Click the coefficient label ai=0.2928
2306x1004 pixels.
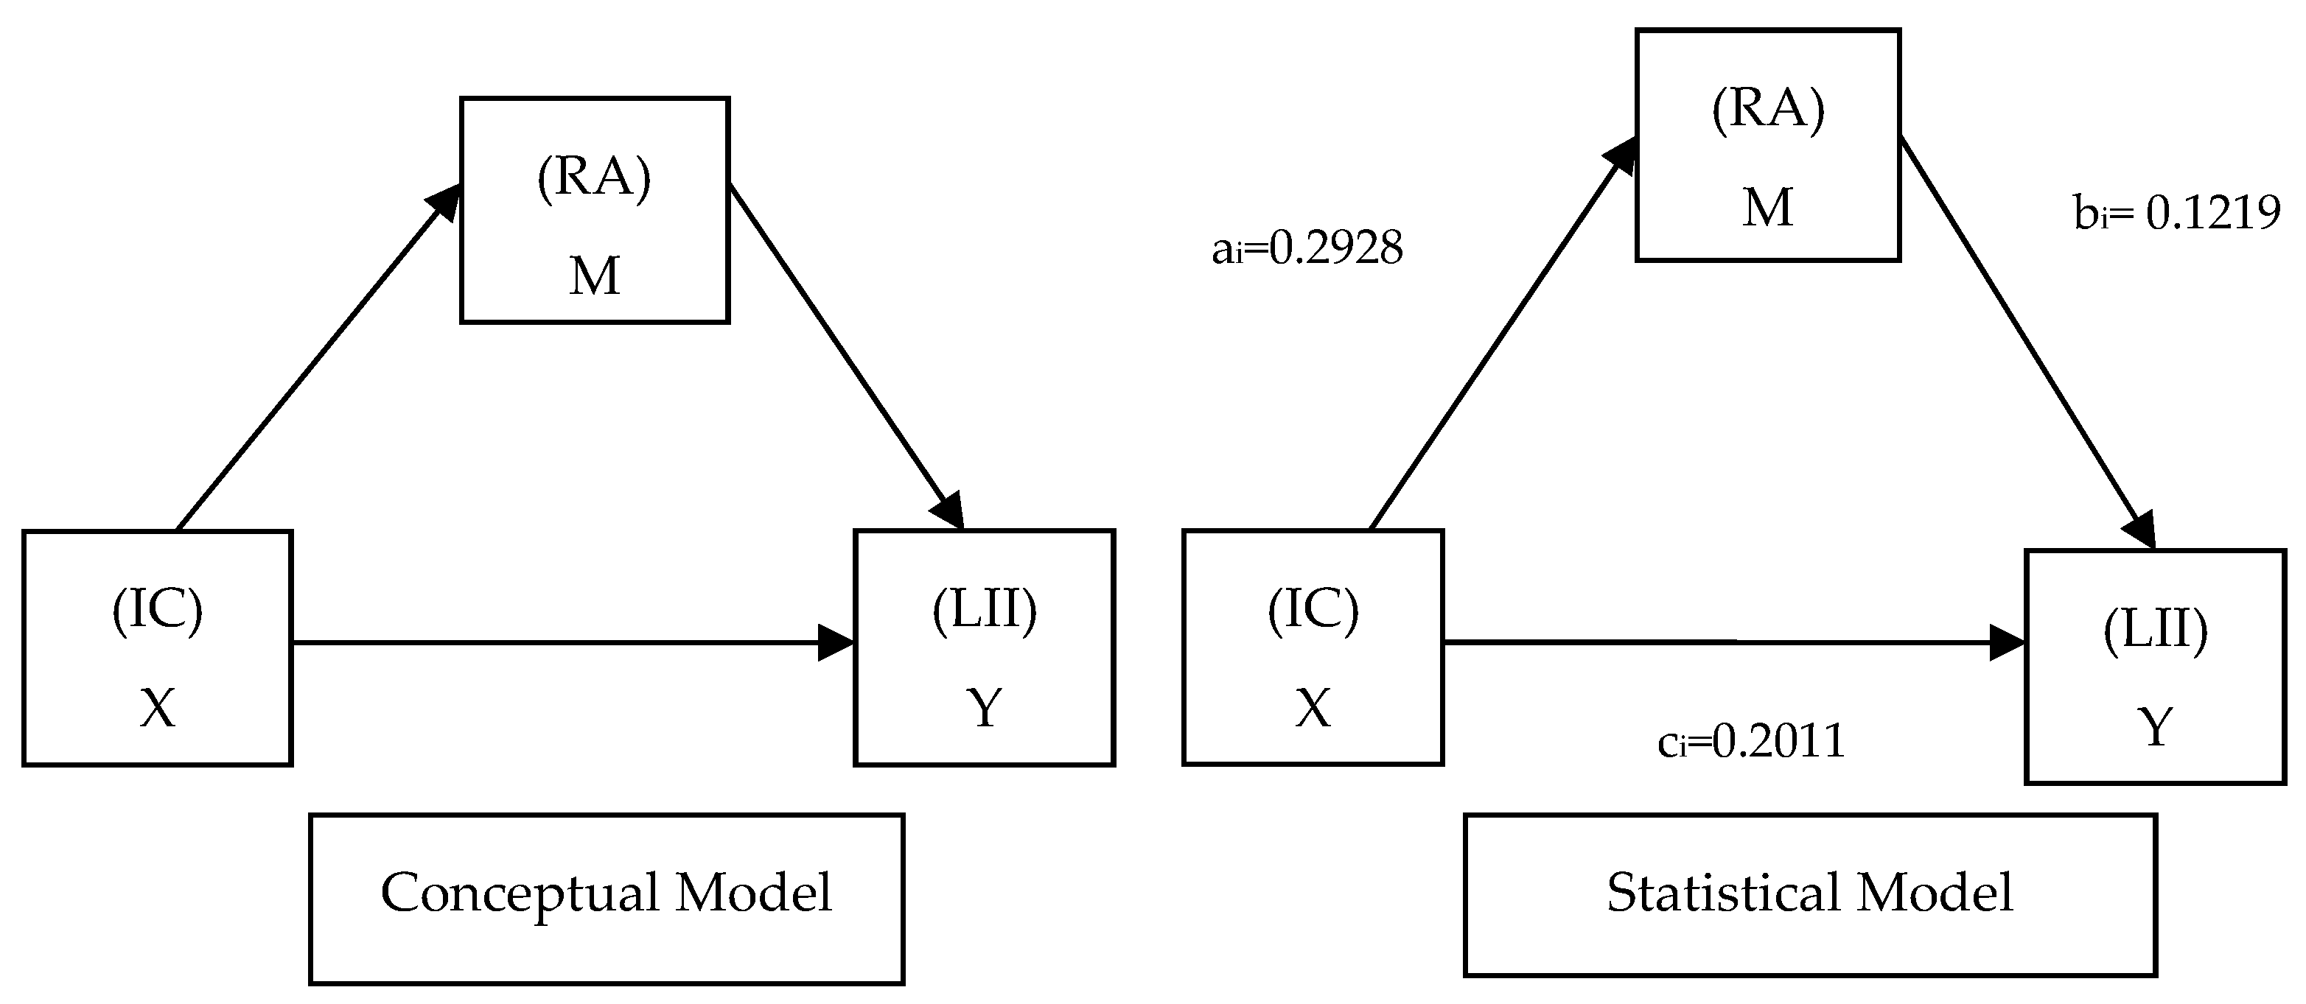[x=1307, y=248]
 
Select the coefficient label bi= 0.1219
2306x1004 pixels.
[x=2176, y=213]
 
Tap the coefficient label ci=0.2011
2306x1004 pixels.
[x=1751, y=741]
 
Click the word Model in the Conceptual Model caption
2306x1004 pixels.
[x=753, y=892]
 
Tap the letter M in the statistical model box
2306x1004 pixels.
[x=1767, y=208]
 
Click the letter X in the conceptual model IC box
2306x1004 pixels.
[x=158, y=708]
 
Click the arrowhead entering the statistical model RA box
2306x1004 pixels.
[x=1621, y=155]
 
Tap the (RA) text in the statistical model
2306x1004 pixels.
[x=1767, y=110]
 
